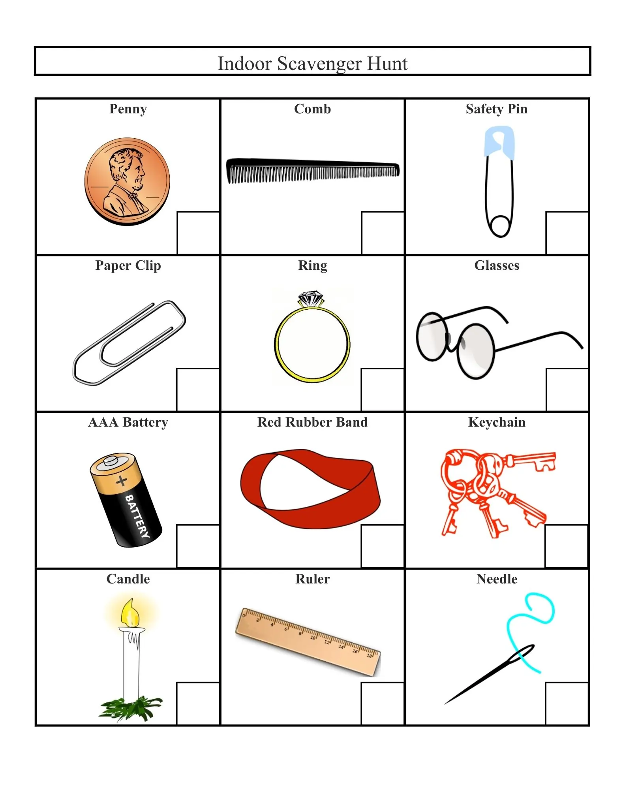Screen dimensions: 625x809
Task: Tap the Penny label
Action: tap(128, 109)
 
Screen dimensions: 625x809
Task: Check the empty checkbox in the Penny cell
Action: tap(198, 233)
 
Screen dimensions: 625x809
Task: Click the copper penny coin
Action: tap(127, 181)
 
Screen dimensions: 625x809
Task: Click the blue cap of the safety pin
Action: tap(499, 142)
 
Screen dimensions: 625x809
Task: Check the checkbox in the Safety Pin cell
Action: tap(567, 233)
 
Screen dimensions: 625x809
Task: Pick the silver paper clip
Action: tap(129, 343)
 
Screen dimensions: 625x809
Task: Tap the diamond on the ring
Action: tap(311, 299)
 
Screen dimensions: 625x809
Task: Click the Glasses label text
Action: tap(497, 265)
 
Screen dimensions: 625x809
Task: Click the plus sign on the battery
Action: tap(122, 481)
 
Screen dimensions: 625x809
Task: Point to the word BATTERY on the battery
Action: tap(137, 516)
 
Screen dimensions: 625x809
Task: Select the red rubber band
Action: tap(310, 489)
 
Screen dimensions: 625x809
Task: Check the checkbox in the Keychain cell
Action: tap(566, 546)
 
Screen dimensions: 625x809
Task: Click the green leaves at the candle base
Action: tap(131, 708)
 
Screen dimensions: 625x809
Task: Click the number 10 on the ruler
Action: tap(313, 638)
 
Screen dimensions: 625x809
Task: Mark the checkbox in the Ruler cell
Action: tap(382, 704)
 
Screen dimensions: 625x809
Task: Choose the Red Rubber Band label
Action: tap(312, 422)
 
